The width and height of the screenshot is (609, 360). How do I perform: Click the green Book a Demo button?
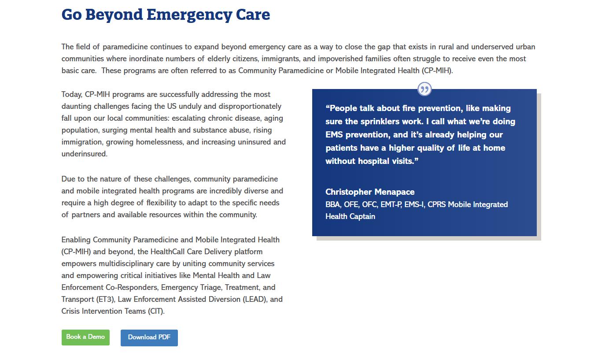pyautogui.click(x=85, y=337)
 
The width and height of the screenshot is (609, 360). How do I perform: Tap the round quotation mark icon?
pyautogui.click(x=424, y=89)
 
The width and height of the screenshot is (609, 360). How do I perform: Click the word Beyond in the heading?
pyautogui.click(x=114, y=15)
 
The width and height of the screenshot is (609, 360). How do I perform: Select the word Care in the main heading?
pyautogui.click(x=253, y=15)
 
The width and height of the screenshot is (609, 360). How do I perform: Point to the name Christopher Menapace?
pyautogui.click(x=370, y=192)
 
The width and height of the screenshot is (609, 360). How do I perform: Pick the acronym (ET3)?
pyautogui.click(x=106, y=299)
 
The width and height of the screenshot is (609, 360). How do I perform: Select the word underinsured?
pyautogui.click(x=84, y=154)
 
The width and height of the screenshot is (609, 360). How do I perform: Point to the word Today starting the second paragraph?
pyautogui.click(x=72, y=94)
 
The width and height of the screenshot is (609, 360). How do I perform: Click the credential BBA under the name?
pyautogui.click(x=333, y=204)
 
